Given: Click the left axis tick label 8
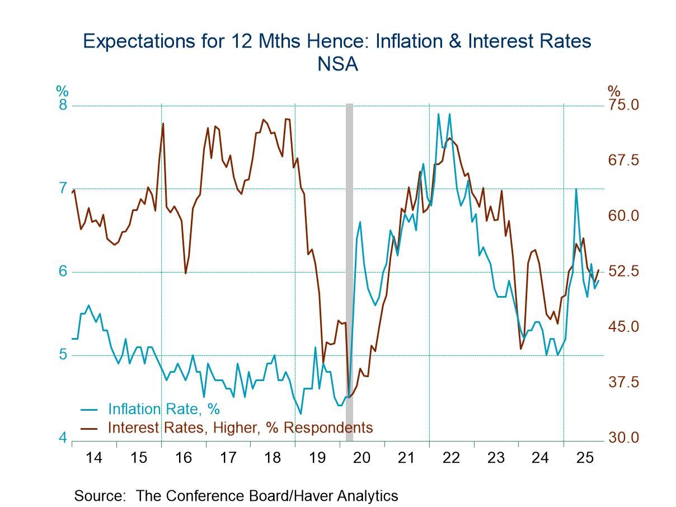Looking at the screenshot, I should point(63,105).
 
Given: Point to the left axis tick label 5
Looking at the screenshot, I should point(63,355).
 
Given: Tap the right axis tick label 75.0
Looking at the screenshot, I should point(623,105).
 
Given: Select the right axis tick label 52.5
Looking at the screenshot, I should point(623,271).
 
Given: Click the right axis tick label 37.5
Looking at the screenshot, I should point(623,382).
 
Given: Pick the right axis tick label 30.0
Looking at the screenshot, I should point(623,438).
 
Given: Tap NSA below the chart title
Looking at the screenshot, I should point(337,64).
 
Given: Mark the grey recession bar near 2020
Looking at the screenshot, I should point(349,269).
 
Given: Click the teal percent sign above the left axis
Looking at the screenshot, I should point(62,91).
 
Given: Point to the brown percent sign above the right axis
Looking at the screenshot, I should point(614,91).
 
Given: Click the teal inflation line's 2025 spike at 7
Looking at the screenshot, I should point(576,189).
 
